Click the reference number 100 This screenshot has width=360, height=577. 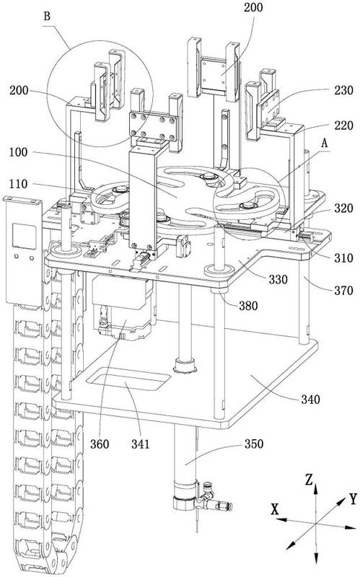point(18,152)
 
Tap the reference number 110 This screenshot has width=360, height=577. point(18,184)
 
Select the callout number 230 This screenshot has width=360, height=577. point(344,91)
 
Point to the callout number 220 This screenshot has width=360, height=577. point(344,125)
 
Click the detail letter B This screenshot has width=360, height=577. point(47,17)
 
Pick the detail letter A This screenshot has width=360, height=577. point(324,144)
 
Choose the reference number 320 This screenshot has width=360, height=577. point(344,208)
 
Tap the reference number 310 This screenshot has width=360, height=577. point(344,258)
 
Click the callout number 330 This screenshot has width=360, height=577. point(278,280)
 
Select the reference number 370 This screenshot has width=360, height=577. point(344,291)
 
